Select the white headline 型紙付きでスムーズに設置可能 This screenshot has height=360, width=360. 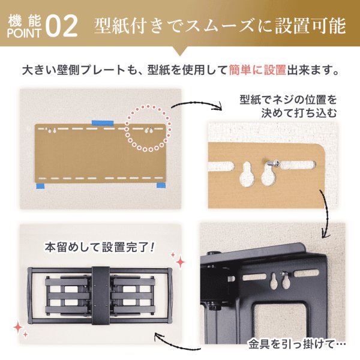tap(220, 26)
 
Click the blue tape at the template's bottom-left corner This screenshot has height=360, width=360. tap(41, 187)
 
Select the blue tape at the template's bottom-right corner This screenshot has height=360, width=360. tap(161, 185)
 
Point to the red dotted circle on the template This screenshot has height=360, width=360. tap(148, 128)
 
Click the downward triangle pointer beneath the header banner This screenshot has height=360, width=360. tap(180, 52)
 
